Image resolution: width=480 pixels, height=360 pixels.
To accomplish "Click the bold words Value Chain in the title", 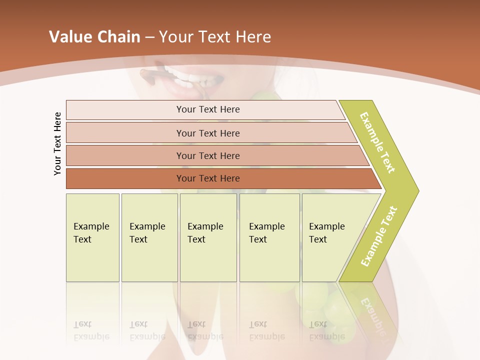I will point(94,37).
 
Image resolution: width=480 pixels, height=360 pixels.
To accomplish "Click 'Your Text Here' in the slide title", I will point(215,37).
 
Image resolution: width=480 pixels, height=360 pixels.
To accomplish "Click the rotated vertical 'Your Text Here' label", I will point(57,143).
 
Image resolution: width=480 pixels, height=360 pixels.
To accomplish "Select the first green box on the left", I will point(92,237).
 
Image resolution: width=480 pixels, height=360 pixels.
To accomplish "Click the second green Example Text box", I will point(149,237).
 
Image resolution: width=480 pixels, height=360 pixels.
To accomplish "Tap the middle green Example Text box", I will point(208,237).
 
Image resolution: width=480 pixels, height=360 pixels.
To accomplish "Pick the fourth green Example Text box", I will point(269,237).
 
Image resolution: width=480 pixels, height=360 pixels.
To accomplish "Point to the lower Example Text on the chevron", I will point(379,236).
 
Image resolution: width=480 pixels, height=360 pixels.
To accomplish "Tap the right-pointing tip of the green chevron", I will point(416,190).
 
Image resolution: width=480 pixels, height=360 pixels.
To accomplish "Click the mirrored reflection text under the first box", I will point(91,331).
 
